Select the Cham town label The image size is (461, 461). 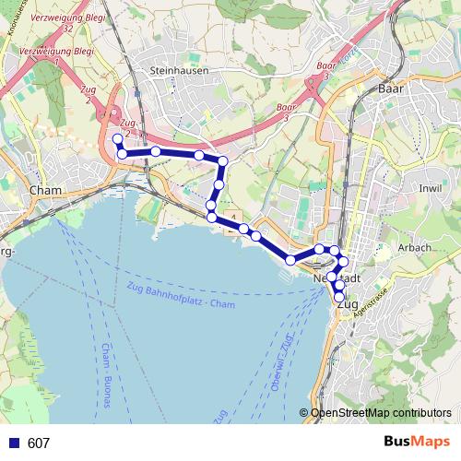[x=44, y=191]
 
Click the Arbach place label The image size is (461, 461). [x=415, y=249]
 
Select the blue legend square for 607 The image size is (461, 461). [x=13, y=443]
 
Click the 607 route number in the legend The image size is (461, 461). [x=39, y=443]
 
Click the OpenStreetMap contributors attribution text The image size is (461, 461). [x=380, y=413]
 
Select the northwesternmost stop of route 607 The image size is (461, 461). [x=117, y=139]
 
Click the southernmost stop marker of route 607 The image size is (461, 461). [x=339, y=296]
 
